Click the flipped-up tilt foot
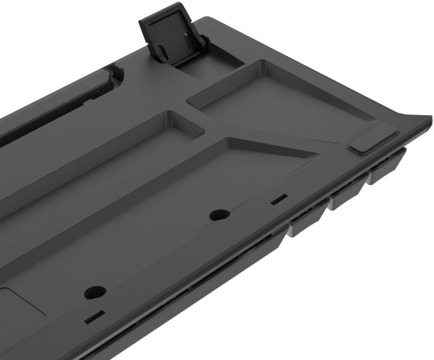point(166,30)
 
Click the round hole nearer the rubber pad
point(219,215)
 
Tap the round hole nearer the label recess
point(95,292)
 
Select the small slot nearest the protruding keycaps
point(278,200)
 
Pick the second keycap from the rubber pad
point(348,194)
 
